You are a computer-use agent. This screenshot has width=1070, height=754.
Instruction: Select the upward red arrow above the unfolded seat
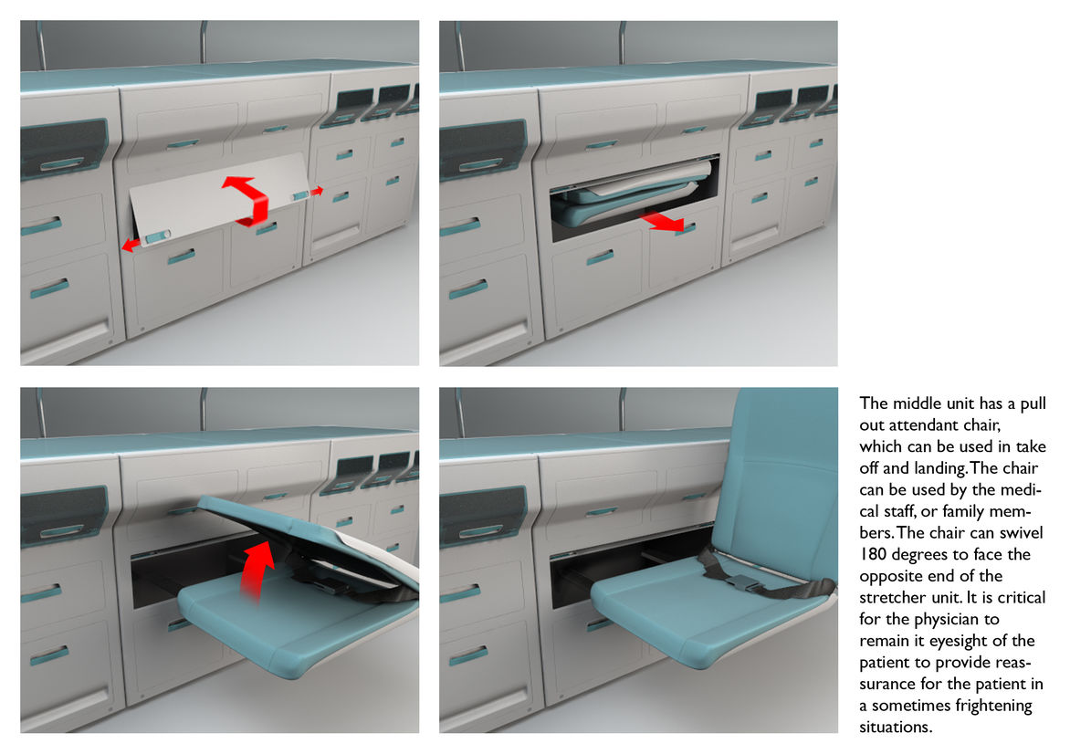point(257,569)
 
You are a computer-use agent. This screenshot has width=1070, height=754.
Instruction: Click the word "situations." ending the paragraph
point(896,727)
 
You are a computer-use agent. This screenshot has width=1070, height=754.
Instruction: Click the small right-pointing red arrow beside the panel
point(316,192)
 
